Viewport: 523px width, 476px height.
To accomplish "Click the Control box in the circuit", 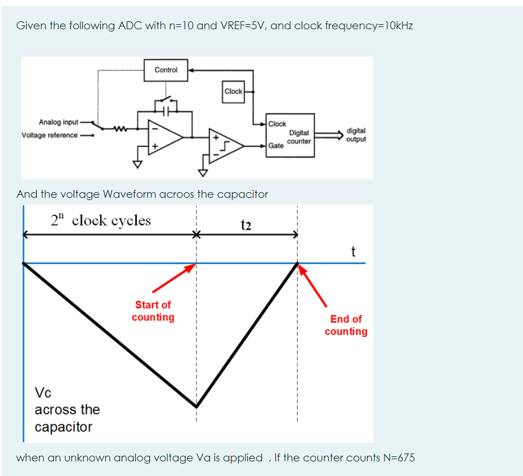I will click(166, 70).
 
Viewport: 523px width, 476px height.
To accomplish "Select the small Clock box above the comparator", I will click(233, 92).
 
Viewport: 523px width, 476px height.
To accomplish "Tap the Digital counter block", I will click(291, 135).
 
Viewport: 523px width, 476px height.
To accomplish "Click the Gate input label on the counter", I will click(276, 146).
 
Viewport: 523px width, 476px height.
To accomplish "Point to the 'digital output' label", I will click(356, 135).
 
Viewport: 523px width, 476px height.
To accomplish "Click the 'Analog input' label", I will click(59, 123).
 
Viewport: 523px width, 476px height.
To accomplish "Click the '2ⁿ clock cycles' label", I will click(101, 220).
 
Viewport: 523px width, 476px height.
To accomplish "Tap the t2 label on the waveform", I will click(245, 225).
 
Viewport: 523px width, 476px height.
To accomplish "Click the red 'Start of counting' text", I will click(153, 311).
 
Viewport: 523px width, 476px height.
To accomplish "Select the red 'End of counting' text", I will click(346, 325).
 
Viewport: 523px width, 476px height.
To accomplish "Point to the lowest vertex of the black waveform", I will click(196, 406).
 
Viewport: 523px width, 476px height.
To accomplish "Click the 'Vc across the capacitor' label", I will click(66, 409).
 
